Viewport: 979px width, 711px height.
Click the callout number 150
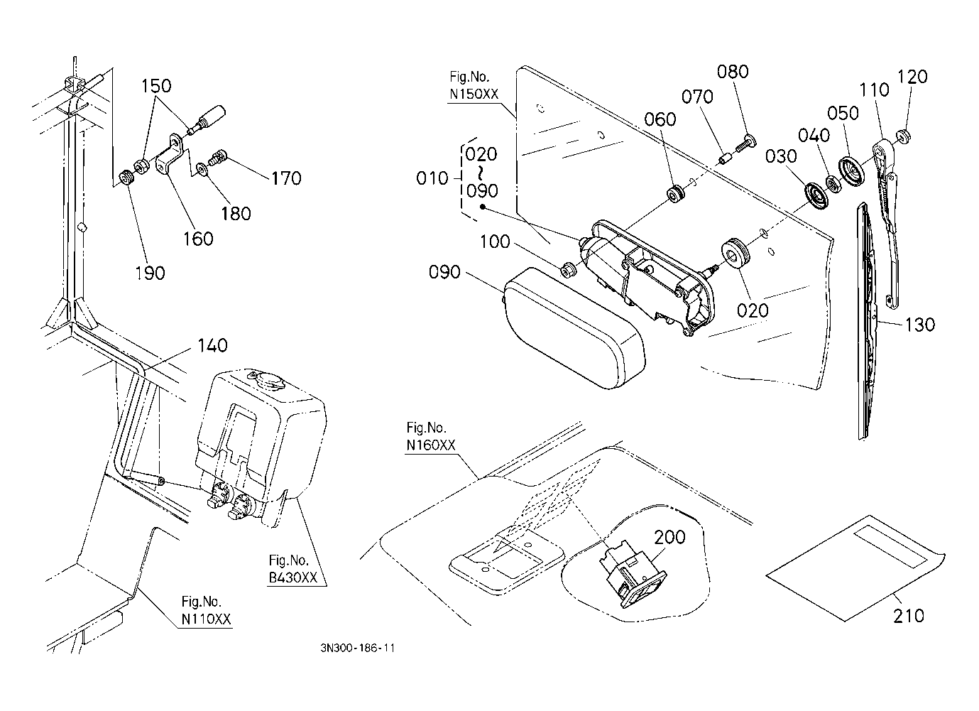156,86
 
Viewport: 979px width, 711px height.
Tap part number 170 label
286,178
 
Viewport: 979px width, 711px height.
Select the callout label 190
150,273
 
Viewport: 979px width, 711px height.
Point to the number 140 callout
212,345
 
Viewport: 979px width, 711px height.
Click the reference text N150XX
474,94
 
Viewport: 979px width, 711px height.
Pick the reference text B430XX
292,577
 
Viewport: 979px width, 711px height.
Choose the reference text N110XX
206,619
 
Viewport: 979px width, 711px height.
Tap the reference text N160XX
431,445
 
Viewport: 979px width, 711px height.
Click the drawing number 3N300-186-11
358,648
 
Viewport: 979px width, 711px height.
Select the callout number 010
432,178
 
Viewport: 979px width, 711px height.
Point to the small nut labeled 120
903,136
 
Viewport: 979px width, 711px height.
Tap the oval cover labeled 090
575,328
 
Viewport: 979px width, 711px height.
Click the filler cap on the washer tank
267,379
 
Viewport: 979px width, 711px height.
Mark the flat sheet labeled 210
855,568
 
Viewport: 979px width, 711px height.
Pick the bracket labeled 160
170,154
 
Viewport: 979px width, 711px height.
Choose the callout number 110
874,90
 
